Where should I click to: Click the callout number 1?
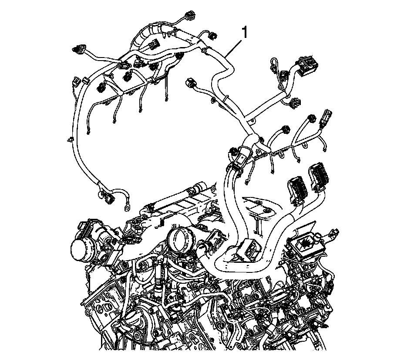[244, 33]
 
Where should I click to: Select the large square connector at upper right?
[308, 63]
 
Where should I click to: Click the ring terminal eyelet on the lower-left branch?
[127, 207]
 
